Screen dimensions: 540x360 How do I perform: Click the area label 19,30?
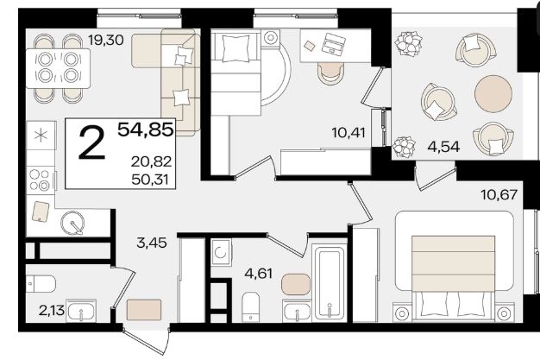[x=106, y=41]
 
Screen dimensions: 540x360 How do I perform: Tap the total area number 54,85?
[x=145, y=129]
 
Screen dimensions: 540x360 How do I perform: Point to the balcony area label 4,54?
[x=443, y=147]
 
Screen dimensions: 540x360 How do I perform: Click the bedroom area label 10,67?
[x=499, y=195]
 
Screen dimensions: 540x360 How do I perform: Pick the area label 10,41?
[x=348, y=132]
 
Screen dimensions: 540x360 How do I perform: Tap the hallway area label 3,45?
[x=152, y=243]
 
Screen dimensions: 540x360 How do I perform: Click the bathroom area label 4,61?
[x=258, y=274]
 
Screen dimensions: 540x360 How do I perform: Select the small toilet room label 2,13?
[x=52, y=311]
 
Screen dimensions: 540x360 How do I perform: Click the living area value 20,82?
[x=151, y=161]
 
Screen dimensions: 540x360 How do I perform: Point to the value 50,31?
[x=150, y=180]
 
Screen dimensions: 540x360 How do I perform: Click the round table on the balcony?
[x=493, y=94]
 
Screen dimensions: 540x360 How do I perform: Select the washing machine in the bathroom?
[x=221, y=252]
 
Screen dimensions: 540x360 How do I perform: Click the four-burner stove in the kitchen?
[x=41, y=180]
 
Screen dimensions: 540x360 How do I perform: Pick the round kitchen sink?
[x=72, y=223]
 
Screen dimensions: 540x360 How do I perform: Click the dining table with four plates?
[x=58, y=68]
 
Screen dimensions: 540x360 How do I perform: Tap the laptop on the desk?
[x=333, y=43]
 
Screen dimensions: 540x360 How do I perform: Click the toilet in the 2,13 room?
[x=41, y=284]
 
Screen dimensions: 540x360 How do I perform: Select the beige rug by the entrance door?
[x=144, y=309]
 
